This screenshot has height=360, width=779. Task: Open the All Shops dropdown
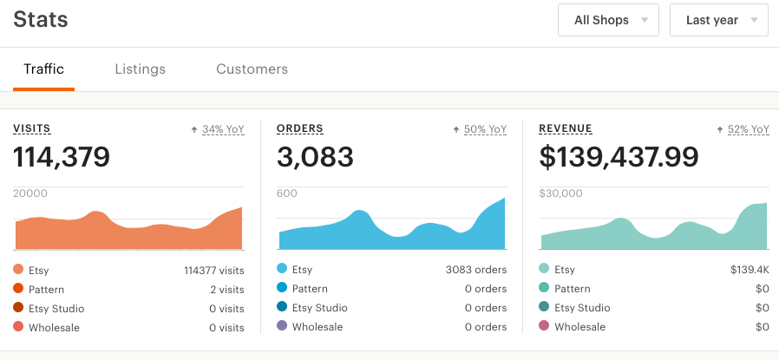click(608, 20)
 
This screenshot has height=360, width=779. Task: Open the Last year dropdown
click(718, 20)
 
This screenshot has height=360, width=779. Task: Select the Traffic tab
click(43, 69)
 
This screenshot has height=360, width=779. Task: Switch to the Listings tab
click(140, 69)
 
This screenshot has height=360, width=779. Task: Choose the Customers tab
click(252, 69)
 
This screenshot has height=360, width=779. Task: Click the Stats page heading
click(41, 19)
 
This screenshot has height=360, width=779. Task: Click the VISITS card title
click(32, 129)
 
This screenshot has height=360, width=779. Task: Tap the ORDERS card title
click(300, 129)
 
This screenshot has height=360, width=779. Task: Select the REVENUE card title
click(566, 129)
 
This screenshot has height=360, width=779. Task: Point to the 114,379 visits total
click(62, 157)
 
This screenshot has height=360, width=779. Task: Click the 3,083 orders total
click(315, 157)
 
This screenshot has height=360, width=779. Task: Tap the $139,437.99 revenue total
click(619, 157)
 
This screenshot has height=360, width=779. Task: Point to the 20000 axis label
click(30, 193)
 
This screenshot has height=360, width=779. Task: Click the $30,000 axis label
click(561, 193)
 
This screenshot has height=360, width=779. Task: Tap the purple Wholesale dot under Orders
click(282, 327)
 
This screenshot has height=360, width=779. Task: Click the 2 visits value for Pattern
click(226, 289)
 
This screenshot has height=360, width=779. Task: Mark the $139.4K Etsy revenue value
click(750, 270)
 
